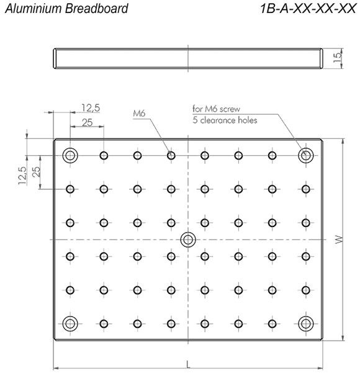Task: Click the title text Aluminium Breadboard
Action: pos(66,9)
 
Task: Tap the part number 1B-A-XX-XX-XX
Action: pos(308,9)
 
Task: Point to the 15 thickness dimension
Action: pos(338,58)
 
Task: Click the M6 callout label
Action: pos(139,113)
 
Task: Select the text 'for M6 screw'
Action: pos(216,109)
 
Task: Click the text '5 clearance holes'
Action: pos(225,120)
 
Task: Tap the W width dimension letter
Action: pos(339,239)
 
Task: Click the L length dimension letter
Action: pos(188,365)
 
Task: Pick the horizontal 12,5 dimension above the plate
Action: pos(91,108)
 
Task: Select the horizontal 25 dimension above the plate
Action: pos(88,123)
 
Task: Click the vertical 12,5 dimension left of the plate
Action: pos(22,176)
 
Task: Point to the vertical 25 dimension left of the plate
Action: pos(36,172)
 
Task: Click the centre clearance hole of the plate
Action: pos(188,239)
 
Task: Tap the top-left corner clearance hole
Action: pos(70,155)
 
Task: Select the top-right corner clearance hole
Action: pos(306,155)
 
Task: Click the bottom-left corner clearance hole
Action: pos(70,324)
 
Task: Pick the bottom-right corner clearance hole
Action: pos(306,324)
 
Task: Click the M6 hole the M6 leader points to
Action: pos(171,156)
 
